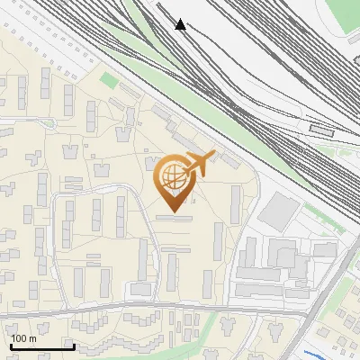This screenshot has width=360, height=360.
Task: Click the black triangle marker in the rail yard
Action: coord(181,24)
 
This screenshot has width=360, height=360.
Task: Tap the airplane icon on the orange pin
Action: coord(198,165)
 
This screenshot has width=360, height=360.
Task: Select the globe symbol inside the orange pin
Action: coord(171,177)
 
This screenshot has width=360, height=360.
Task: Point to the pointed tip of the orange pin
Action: coord(172,211)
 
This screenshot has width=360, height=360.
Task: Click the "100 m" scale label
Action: coord(23,338)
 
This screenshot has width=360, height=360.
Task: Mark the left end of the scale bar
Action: coord(11,346)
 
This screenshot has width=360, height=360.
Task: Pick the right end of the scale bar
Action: coord(74,346)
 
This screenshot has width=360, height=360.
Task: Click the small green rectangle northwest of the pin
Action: coord(109,81)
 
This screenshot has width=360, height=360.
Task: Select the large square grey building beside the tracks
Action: coord(281,210)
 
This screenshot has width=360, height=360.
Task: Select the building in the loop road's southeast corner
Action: coord(141,289)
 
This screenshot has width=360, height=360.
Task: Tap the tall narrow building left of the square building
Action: coord(236,204)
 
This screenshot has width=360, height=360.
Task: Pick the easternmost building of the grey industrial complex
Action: coord(324,249)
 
